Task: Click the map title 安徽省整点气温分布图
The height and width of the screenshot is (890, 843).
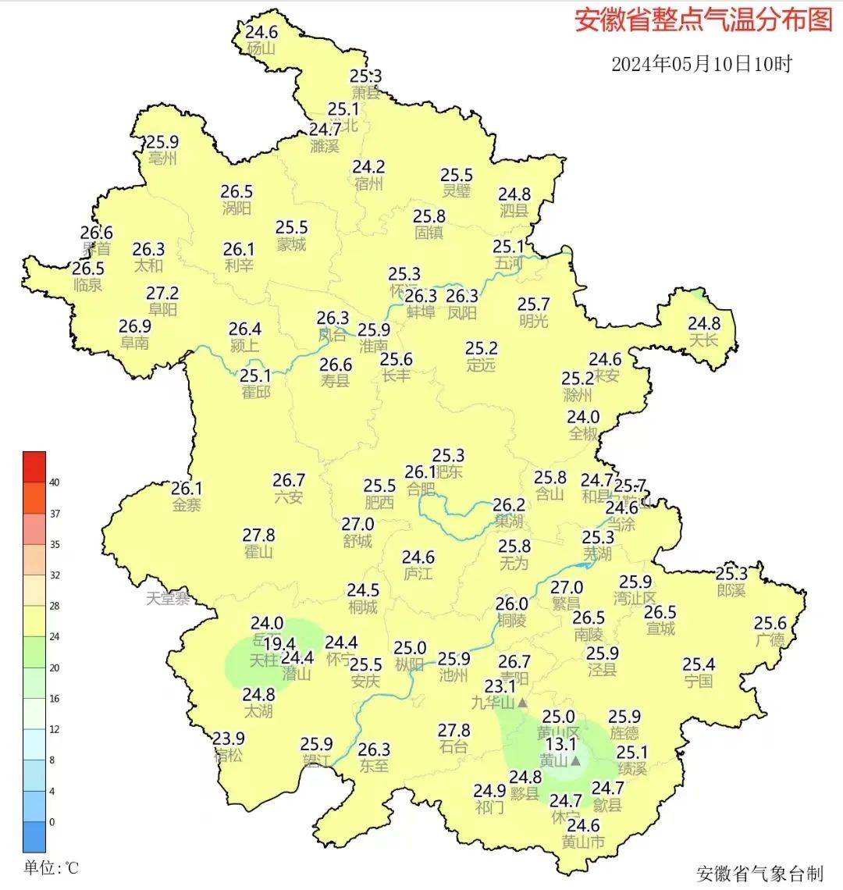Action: click(703, 20)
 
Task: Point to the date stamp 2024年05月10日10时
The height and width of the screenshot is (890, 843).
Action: click(701, 64)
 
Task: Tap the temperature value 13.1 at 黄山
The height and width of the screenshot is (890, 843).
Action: click(560, 744)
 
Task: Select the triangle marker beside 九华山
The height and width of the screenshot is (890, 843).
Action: click(523, 703)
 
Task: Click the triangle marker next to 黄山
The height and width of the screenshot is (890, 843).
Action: click(576, 760)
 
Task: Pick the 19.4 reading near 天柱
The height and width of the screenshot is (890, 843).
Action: click(279, 644)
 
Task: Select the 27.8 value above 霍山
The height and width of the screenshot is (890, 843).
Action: click(258, 536)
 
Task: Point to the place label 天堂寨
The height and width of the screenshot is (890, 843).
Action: click(169, 599)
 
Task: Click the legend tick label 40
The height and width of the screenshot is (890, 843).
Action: click(54, 482)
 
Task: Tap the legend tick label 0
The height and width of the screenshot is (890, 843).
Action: click(52, 822)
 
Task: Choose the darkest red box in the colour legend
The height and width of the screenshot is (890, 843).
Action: click(34, 467)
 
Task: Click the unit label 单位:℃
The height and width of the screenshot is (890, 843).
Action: click(51, 867)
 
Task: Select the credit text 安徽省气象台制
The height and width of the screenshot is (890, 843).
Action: click(759, 872)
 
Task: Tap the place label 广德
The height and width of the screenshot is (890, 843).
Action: click(770, 639)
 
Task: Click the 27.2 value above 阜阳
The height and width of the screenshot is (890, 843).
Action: click(162, 294)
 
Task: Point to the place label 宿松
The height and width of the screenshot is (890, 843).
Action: click(229, 755)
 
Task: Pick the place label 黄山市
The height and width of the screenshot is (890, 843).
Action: click(583, 842)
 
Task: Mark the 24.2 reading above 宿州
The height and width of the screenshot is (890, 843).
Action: click(368, 167)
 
